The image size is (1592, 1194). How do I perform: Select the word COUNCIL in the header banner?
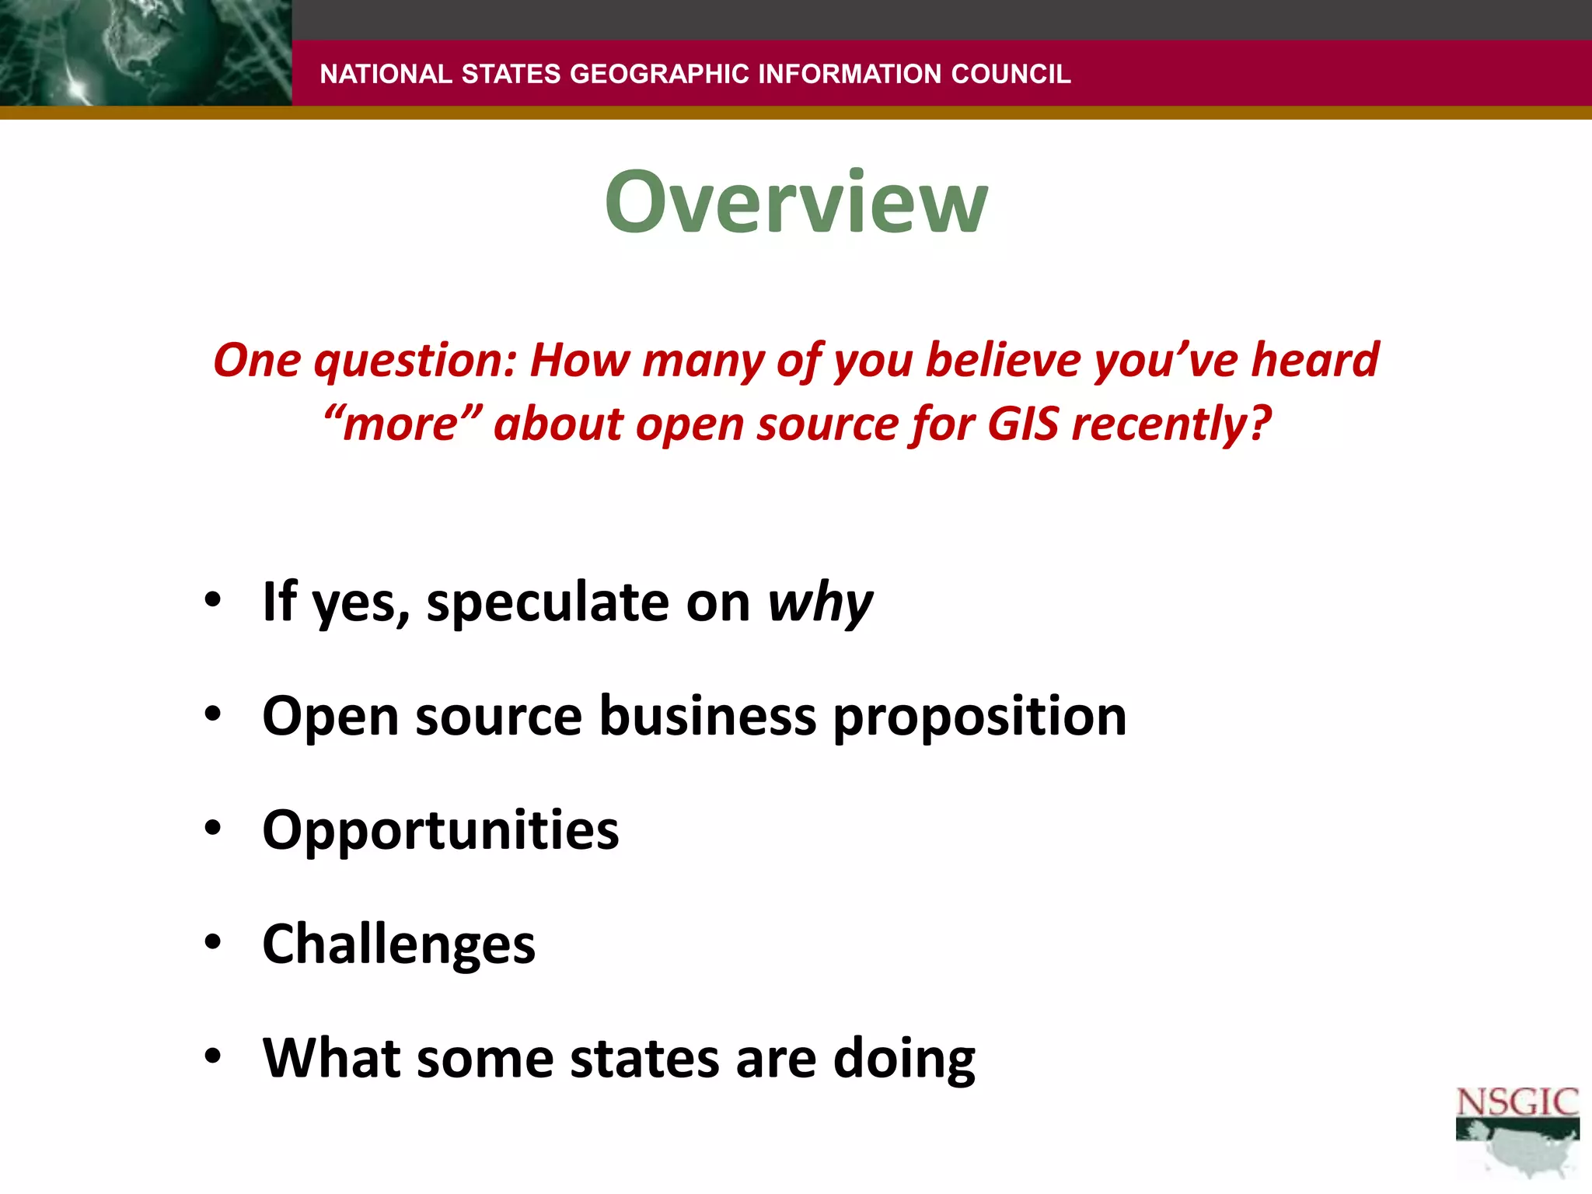click(x=1011, y=74)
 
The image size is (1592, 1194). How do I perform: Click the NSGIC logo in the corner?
click(x=1517, y=1131)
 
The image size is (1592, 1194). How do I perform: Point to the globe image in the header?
click(x=145, y=53)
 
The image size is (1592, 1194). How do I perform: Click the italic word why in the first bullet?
click(x=820, y=602)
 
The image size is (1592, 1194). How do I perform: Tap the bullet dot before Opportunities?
click(x=213, y=829)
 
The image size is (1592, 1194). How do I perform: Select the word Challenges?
click(x=399, y=944)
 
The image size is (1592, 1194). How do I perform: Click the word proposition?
click(x=979, y=717)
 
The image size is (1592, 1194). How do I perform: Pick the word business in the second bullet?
click(x=707, y=715)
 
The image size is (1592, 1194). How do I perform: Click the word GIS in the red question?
click(x=1022, y=424)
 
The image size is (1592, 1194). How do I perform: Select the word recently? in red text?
click(x=1171, y=426)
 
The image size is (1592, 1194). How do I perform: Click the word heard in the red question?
click(x=1314, y=360)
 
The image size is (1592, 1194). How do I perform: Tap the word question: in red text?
click(x=415, y=361)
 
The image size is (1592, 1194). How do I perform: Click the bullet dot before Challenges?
click(x=213, y=943)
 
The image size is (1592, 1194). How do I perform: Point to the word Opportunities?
click(x=441, y=831)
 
